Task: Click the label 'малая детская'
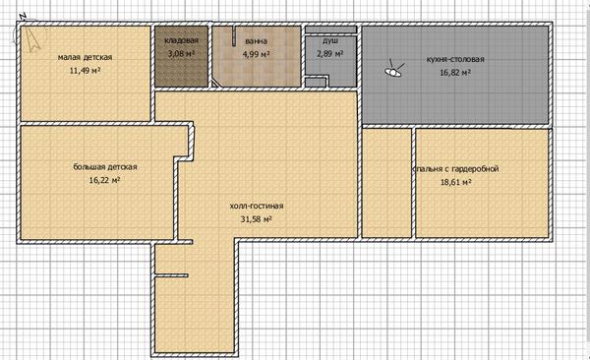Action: (85, 57)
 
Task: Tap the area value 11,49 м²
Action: (85, 71)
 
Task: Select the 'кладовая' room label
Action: (181, 40)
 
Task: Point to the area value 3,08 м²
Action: (181, 53)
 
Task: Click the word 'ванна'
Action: (257, 41)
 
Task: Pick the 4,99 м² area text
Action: (257, 54)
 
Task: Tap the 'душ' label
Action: (330, 40)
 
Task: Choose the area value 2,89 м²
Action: (330, 53)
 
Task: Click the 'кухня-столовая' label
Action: (455, 59)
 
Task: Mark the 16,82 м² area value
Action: (455, 73)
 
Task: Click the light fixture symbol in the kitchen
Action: (393, 70)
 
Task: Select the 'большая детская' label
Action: (105, 167)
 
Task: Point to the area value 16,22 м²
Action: (104, 180)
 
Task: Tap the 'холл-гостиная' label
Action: (257, 206)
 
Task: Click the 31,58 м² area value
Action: (257, 219)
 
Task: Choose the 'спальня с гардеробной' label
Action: (455, 169)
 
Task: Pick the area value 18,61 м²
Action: (456, 182)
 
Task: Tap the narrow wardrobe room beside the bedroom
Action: (386, 183)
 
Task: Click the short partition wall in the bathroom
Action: (234, 36)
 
